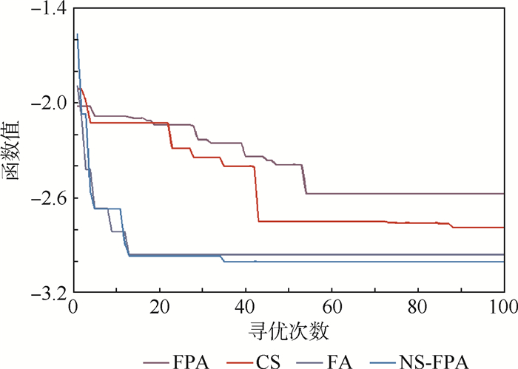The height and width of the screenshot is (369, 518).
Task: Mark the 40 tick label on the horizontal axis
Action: [x=245, y=307]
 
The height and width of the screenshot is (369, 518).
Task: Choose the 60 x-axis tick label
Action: [x=331, y=307]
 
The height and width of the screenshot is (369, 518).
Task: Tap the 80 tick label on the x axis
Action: [x=417, y=307]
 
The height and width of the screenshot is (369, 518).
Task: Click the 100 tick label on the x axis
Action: [x=502, y=307]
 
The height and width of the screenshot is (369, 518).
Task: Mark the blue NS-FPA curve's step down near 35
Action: [x=223, y=259]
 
